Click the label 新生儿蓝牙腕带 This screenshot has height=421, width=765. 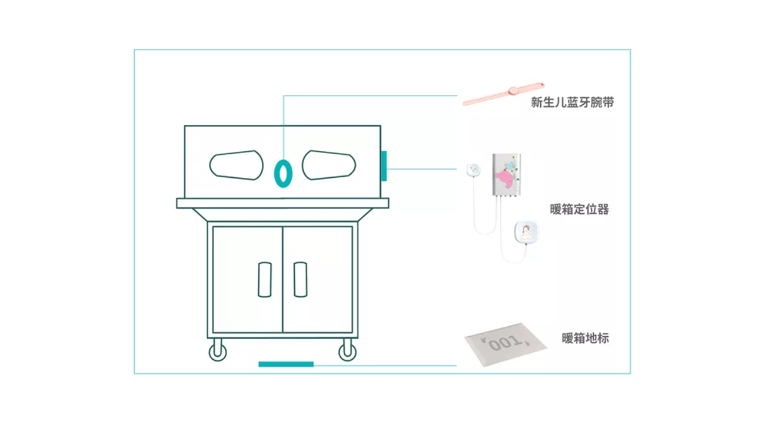(572, 102)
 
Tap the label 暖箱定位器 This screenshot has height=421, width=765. (579, 209)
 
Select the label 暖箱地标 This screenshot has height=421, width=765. (585, 338)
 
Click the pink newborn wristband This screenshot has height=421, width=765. (503, 94)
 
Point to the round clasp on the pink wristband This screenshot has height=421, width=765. (513, 91)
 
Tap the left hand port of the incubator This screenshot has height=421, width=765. (237, 165)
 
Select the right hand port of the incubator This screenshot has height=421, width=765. (328, 165)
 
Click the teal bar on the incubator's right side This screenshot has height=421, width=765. (384, 165)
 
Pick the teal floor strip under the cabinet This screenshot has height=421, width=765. (286, 364)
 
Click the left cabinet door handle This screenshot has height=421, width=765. (265, 280)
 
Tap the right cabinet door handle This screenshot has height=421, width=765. (301, 280)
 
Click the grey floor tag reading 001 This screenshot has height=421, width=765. (505, 344)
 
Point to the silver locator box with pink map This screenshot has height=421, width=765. (507, 175)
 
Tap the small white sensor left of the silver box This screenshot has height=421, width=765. (473, 170)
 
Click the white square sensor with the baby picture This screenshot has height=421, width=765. (527, 232)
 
